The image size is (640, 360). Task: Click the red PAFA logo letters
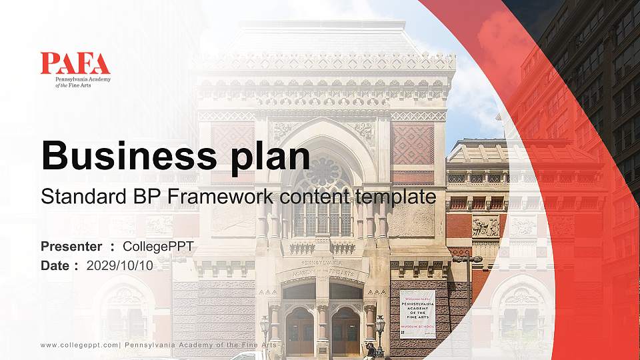point(75,63)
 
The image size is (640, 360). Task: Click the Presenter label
point(71,247)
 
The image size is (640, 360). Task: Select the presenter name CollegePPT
point(158,247)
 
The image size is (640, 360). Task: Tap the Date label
point(55,265)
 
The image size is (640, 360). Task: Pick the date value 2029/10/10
point(119,265)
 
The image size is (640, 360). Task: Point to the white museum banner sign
point(417,313)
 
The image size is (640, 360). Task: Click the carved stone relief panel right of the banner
point(485,227)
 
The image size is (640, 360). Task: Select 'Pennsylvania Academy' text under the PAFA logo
point(83,79)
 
